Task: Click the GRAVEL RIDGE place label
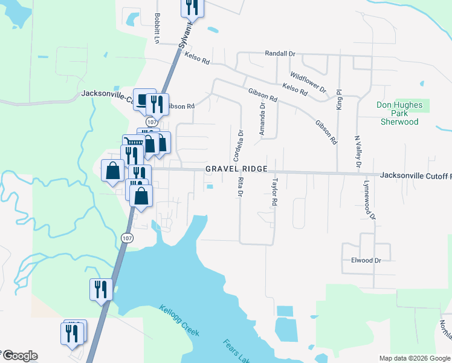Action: click(236, 169)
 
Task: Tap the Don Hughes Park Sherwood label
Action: click(399, 113)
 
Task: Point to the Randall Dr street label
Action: click(280, 53)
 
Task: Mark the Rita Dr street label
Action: click(239, 186)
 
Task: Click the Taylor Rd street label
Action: click(274, 192)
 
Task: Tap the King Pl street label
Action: click(340, 99)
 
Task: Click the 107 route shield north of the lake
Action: click(126, 238)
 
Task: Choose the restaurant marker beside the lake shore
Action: click(101, 289)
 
